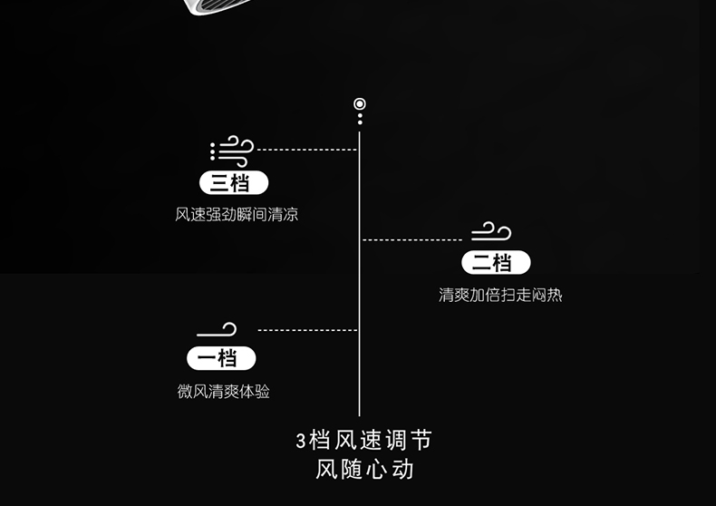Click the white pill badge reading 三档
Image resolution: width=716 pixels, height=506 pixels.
[234, 182]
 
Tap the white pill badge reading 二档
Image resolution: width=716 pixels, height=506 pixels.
[496, 263]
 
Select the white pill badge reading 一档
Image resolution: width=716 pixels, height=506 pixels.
[221, 358]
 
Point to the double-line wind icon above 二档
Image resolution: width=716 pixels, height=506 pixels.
[491, 232]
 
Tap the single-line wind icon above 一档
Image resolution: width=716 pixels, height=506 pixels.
[218, 330]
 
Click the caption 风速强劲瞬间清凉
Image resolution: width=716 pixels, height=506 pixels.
[237, 215]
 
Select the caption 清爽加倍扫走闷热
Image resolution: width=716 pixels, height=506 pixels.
[500, 295]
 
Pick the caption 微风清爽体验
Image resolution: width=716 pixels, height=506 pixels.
[224, 392]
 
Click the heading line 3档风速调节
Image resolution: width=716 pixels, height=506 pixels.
[364, 441]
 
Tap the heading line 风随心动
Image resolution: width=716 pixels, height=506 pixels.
[364, 470]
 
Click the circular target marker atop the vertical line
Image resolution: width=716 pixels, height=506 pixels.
[360, 104]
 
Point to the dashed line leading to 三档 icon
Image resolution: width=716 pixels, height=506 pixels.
[306, 150]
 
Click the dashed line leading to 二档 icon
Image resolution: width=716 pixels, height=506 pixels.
[413, 239]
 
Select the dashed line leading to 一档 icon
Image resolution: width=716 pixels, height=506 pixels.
[308, 330]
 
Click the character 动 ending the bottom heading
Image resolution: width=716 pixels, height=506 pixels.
[403, 470]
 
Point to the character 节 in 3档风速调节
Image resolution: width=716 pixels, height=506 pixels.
[421, 441]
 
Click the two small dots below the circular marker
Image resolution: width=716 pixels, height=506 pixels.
[360, 119]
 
